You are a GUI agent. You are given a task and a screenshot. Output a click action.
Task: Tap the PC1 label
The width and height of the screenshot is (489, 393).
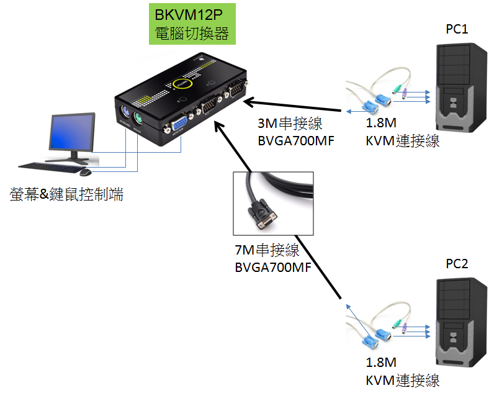[x=457, y=29]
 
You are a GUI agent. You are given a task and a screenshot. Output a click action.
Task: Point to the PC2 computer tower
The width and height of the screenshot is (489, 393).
[x=459, y=323]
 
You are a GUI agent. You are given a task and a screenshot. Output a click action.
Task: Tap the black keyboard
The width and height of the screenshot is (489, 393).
[x=49, y=167]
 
